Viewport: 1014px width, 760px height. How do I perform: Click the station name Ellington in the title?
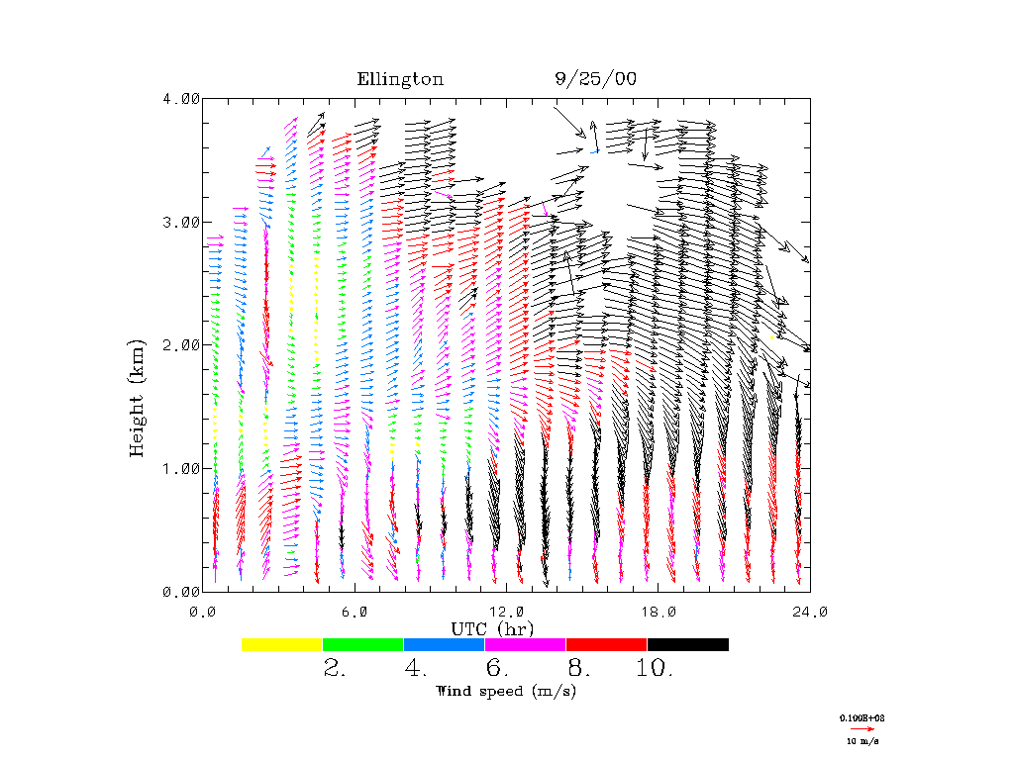(x=400, y=80)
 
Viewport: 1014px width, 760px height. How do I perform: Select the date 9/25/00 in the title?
(x=595, y=80)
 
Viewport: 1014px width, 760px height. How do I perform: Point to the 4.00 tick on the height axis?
(x=181, y=98)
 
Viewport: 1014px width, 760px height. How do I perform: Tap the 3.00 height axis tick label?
(x=181, y=222)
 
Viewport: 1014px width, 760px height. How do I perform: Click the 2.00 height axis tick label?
(x=181, y=344)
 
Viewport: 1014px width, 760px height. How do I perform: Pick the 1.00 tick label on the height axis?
(x=181, y=468)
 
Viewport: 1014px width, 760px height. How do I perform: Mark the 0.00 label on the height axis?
(x=181, y=592)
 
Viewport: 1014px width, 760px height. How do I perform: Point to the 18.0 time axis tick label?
(x=659, y=612)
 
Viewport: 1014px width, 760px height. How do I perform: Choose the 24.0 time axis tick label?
(x=810, y=612)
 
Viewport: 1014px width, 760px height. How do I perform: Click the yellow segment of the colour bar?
(x=281, y=644)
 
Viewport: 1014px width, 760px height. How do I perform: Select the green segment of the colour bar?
(x=362, y=644)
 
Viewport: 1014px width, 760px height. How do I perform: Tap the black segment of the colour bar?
(x=687, y=644)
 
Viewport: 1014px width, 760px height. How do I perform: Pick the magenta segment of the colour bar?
(x=525, y=644)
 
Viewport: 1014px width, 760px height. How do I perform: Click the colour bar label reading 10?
(x=653, y=669)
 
